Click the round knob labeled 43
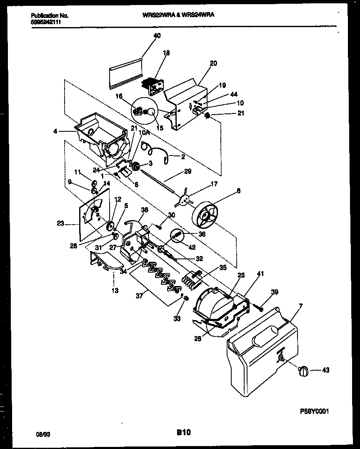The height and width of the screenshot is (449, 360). click(303, 370)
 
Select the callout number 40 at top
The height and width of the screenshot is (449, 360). click(157, 36)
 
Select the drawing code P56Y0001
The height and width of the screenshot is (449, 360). click(315, 411)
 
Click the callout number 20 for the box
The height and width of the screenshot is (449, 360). click(213, 63)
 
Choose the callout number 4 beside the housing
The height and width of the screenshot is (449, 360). click(55, 131)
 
